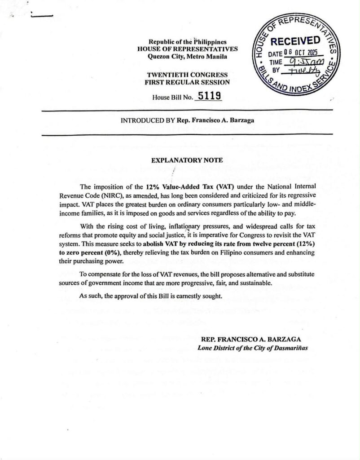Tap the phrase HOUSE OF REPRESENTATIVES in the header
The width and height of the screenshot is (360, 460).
(x=187, y=49)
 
